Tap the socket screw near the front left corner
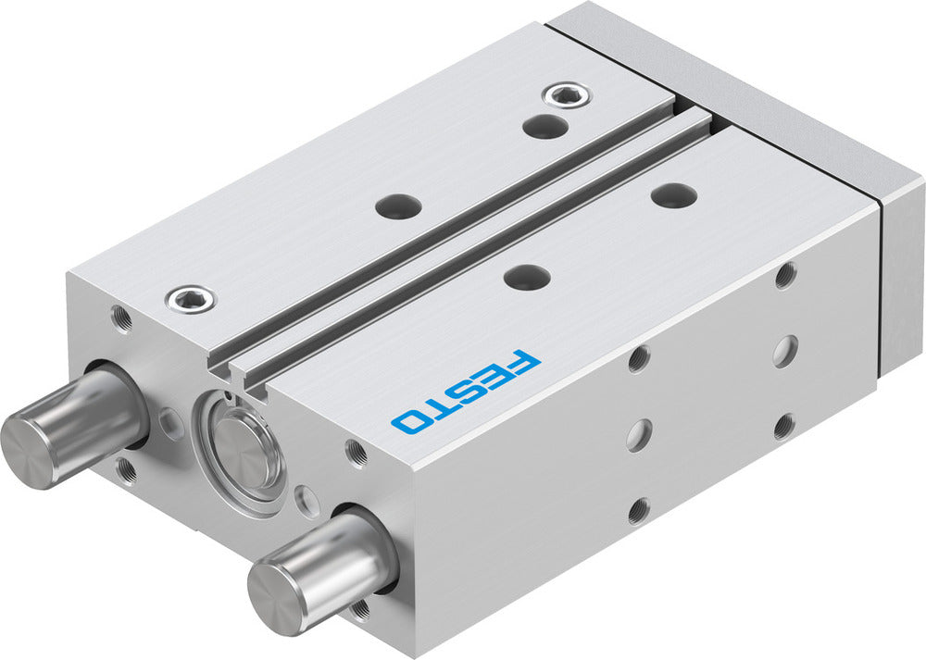(x=190, y=298)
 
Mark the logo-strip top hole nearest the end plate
(x=674, y=194)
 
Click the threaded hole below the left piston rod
(x=128, y=472)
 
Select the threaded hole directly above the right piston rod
(x=356, y=453)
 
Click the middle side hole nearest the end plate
(x=784, y=350)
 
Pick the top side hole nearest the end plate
(x=785, y=275)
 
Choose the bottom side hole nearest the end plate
(x=783, y=426)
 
